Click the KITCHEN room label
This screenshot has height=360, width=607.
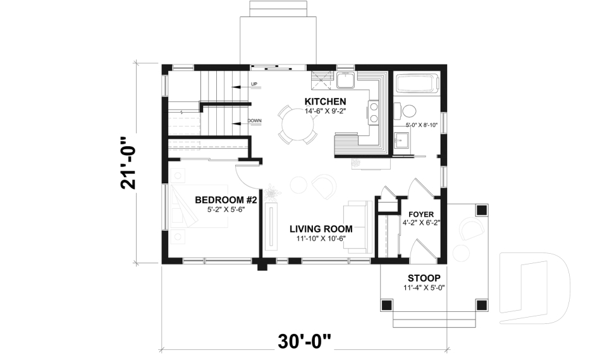point(325,101)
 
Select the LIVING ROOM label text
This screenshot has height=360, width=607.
point(321,229)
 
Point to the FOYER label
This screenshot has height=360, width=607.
point(421,214)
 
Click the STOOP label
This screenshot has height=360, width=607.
point(424,278)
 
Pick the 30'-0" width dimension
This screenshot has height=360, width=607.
point(304,342)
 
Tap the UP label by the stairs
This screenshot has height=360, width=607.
point(254,84)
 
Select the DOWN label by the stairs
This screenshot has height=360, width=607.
point(255,121)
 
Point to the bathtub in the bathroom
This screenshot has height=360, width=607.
point(416,84)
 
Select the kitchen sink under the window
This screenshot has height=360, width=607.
point(345,80)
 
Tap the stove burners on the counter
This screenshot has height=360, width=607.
point(374,113)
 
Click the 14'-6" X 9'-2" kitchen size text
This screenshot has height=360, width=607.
point(325,111)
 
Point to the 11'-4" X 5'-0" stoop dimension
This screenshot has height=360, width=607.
point(424,288)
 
